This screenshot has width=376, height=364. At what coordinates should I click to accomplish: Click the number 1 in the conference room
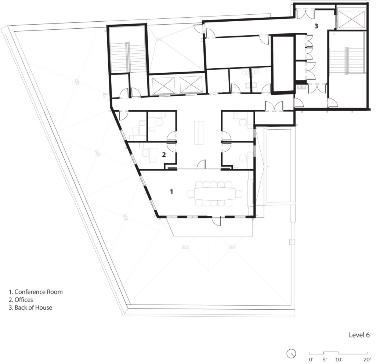point(171,191)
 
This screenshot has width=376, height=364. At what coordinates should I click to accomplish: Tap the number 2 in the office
point(164,155)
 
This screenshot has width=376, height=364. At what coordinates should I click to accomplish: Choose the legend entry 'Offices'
point(23,300)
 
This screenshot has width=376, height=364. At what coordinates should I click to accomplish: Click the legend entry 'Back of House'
point(33,307)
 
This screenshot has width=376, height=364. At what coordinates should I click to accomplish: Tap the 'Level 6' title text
point(359,335)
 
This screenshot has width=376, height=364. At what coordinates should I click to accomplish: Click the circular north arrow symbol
point(291,353)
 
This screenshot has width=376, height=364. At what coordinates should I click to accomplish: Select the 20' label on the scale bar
point(366,359)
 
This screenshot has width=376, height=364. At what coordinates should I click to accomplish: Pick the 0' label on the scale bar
point(311,359)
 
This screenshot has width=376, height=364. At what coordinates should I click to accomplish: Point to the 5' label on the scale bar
point(325,359)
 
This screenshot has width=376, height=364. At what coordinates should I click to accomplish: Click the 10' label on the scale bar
point(339,359)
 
